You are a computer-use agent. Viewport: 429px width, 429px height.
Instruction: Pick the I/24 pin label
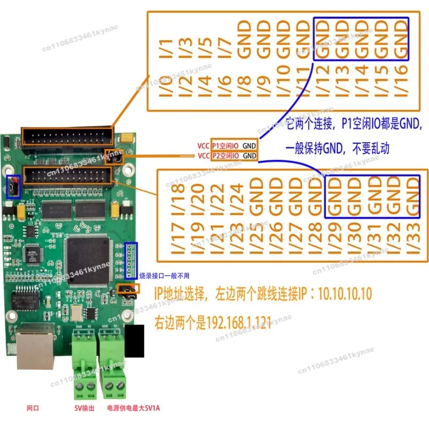[236, 196]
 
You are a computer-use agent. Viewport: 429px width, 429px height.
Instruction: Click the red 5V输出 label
[84, 408]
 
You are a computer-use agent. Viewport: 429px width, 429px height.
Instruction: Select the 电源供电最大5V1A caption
[134, 408]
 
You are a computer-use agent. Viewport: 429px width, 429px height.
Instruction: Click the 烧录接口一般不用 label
[164, 276]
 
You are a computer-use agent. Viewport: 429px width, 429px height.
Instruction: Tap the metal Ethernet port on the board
[33, 349]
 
